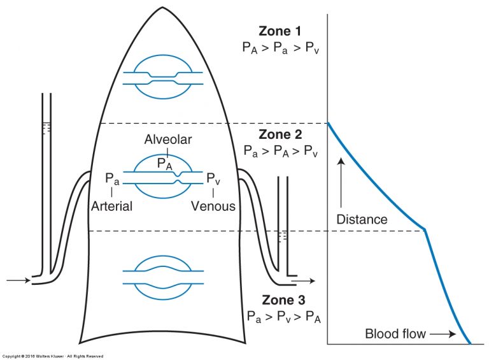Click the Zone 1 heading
click(x=280, y=31)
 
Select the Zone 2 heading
click(x=280, y=134)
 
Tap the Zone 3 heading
click(x=283, y=300)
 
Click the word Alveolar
click(x=168, y=140)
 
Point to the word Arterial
click(x=111, y=206)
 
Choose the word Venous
click(x=213, y=206)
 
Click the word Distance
click(x=362, y=219)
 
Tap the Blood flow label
click(x=395, y=334)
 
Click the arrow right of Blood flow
click(x=443, y=334)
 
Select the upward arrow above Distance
click(x=341, y=182)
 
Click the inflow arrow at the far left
click(x=18, y=280)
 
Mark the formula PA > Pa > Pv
click(x=281, y=48)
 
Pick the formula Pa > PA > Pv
click(x=281, y=151)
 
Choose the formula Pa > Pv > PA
click(x=283, y=317)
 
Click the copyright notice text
click(x=52, y=356)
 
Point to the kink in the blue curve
click(x=425, y=230)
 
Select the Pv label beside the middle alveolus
click(x=213, y=179)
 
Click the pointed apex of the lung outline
click(x=162, y=8)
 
